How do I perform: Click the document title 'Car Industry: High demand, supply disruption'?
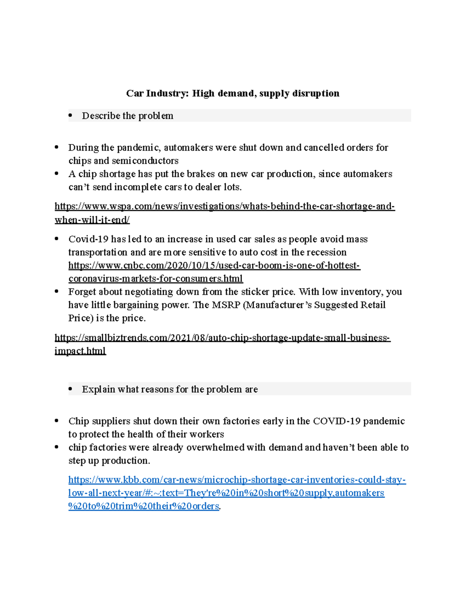233,93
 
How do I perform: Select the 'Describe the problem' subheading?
127,116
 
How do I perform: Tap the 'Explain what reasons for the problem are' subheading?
170,389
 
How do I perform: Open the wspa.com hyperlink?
224,206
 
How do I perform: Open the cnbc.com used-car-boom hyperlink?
214,266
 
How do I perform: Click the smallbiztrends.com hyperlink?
222,337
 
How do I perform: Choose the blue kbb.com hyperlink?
237,480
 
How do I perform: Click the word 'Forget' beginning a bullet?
82,292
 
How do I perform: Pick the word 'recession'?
327,252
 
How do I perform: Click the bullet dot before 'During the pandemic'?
57,147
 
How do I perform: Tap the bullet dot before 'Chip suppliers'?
57,421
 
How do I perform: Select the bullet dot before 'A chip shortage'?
57,174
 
